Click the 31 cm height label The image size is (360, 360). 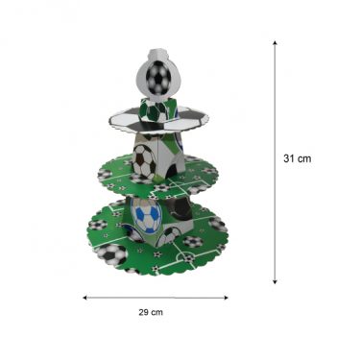click(297, 158)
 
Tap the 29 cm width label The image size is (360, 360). click(151, 312)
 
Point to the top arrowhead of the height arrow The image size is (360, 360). click(275, 42)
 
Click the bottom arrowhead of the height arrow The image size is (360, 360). click(275, 281)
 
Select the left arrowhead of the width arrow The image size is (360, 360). click(85, 298)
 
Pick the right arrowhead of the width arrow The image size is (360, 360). click(226, 298)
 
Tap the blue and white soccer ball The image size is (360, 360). click(147, 214)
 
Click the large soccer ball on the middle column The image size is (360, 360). click(144, 161)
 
